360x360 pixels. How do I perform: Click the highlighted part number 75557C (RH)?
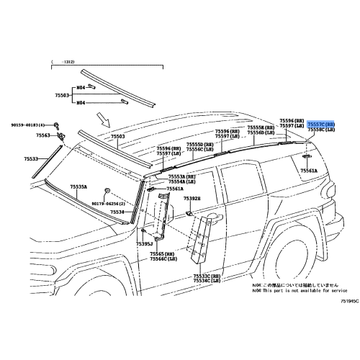[320, 125]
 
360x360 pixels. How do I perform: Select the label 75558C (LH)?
[320, 130]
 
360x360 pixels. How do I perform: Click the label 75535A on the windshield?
[78, 186]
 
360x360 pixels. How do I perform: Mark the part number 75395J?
[145, 244]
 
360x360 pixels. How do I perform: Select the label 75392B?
[192, 199]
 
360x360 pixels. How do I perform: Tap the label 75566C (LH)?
[163, 259]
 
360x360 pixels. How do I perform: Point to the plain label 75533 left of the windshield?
[31, 158]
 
